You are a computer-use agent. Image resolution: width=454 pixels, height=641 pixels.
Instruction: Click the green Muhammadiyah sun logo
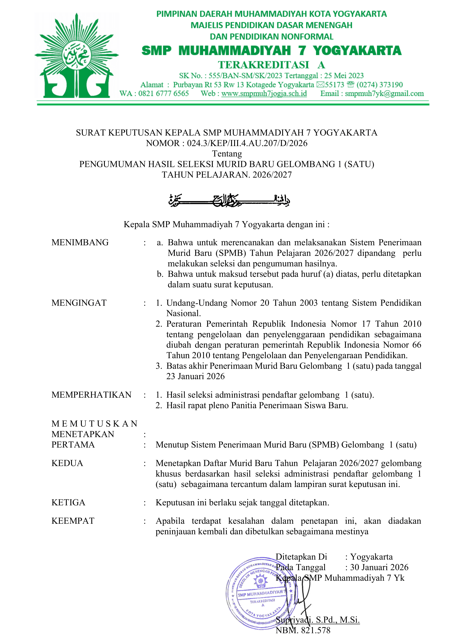[x=76, y=56]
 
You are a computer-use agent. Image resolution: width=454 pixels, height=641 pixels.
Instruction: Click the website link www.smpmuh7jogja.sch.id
[x=264, y=93]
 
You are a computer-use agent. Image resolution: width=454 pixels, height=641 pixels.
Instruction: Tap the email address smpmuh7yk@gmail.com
[x=384, y=93]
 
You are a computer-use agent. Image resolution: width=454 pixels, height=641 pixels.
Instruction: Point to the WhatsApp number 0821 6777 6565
[x=164, y=93]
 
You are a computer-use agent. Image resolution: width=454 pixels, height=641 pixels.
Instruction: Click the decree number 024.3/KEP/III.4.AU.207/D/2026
[x=247, y=143]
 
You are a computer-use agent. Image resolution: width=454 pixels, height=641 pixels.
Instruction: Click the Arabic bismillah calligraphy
[x=229, y=200]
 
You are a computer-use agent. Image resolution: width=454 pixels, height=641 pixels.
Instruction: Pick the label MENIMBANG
[x=80, y=242]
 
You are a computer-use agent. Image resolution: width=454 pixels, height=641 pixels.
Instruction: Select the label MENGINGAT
[x=79, y=303]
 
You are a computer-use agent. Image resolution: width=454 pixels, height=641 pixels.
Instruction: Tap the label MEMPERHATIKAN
[x=91, y=395]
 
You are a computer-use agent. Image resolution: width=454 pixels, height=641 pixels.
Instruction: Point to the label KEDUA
[x=67, y=463]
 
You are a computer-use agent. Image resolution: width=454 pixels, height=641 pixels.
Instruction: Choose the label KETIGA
[x=68, y=503]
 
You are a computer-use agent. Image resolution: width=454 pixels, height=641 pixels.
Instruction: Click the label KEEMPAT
[x=73, y=521]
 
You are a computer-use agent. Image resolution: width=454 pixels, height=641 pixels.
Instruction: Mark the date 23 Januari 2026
[x=195, y=376]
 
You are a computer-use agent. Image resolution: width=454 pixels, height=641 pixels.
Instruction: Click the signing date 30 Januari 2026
[x=379, y=567]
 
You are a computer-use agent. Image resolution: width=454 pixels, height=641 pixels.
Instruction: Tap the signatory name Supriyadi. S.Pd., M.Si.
[x=318, y=620]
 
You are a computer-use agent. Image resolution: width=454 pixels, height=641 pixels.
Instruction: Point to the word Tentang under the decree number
[x=227, y=154]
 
